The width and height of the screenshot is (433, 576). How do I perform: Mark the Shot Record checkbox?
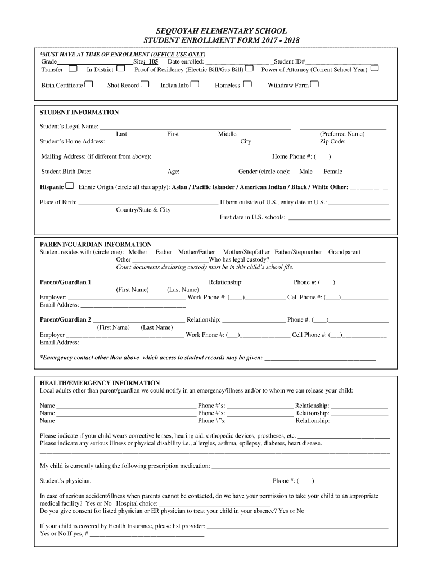(145, 84)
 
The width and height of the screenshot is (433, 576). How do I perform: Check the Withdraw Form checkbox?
(314, 84)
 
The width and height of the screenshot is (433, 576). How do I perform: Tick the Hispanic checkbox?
(70, 186)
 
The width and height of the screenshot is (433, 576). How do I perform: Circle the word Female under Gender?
(332, 172)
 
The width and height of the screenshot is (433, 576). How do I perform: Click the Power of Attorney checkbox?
(375, 69)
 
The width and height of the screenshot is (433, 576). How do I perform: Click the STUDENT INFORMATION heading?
(79, 112)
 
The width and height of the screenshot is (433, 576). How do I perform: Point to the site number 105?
(153, 61)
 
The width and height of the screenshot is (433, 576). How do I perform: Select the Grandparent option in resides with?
(344, 252)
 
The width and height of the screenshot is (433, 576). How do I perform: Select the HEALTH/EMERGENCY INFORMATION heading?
(100, 383)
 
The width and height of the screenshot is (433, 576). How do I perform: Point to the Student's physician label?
(65, 481)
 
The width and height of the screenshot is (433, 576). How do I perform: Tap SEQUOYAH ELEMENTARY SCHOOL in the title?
(216, 31)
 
